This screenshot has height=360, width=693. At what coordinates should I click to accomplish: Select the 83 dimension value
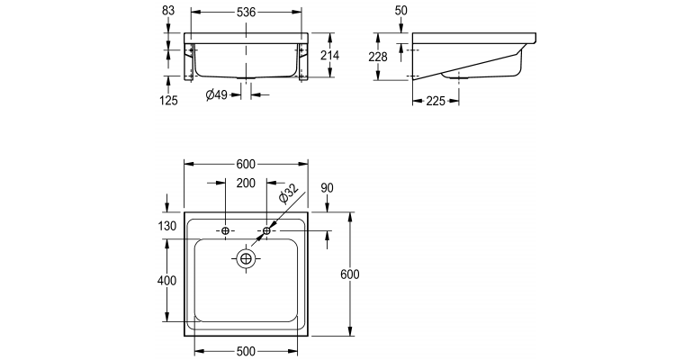(x=168, y=11)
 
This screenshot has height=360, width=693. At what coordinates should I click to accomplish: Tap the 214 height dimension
(x=328, y=56)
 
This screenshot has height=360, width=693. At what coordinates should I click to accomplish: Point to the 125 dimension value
(x=168, y=100)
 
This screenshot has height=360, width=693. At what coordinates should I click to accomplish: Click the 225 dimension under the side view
(x=436, y=101)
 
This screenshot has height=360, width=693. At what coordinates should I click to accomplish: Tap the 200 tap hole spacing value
(x=246, y=183)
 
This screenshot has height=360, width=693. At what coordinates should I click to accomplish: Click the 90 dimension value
(x=327, y=187)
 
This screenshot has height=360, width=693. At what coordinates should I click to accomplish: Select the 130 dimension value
(x=168, y=226)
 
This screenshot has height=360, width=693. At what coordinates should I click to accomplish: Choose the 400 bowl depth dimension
(x=166, y=281)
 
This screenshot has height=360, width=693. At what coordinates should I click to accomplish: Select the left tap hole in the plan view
(x=224, y=231)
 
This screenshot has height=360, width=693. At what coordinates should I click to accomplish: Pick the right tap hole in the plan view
(x=267, y=231)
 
